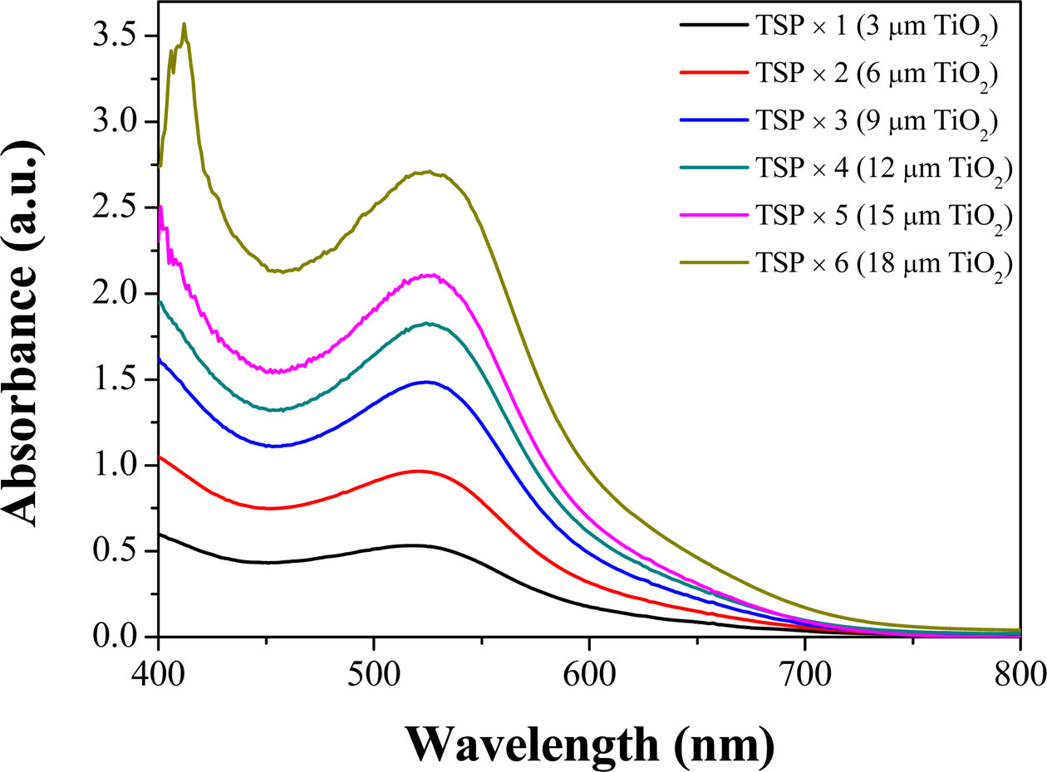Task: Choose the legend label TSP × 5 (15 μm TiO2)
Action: pos(883,216)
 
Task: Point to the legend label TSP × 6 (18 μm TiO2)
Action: pos(883,263)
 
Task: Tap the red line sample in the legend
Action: pos(712,73)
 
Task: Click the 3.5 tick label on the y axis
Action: pos(119,37)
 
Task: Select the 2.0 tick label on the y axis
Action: pos(119,294)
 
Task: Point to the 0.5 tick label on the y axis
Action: pos(119,551)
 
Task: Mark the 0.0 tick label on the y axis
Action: pos(119,638)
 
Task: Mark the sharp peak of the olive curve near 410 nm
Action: pos(184,24)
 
